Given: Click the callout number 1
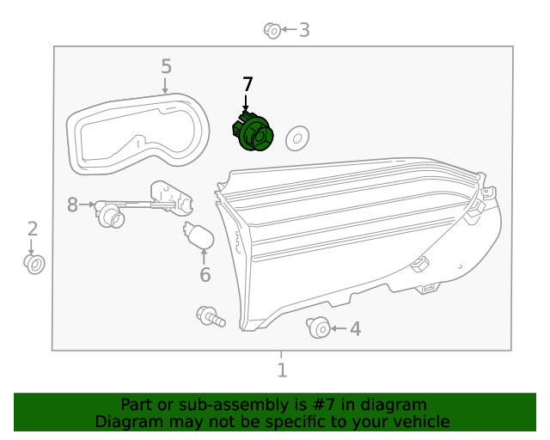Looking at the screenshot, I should [282, 370].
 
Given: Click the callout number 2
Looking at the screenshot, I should [33, 229].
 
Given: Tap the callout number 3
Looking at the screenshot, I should [303, 30].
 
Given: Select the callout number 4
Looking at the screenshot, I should [354, 328].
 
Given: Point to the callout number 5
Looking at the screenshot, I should [166, 66].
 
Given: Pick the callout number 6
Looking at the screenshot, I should [205, 275].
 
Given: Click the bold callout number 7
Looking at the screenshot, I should [247, 84].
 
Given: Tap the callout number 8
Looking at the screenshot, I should [73, 205].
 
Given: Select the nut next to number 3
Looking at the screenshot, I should [272, 31].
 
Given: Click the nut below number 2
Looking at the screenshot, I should [34, 263].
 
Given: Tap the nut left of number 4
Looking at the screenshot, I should [317, 327].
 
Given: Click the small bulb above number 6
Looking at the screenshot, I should [197, 235].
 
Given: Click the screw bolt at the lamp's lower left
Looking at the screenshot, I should [210, 316].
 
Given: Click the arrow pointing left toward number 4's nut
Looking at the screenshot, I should [339, 328].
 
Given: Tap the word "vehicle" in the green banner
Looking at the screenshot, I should [420, 421].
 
